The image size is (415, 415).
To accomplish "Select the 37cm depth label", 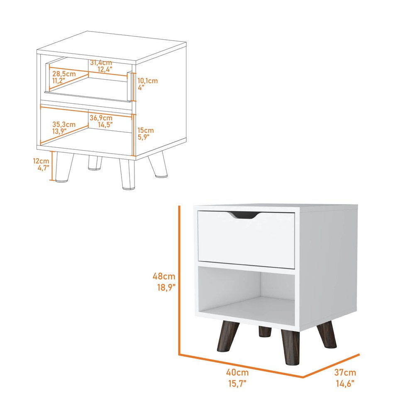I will [x=345, y=373].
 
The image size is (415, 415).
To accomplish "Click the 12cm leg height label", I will [x=41, y=160].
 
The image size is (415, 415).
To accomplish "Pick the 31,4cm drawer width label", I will [x=101, y=63].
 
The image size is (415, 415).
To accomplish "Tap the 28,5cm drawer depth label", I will [x=64, y=73].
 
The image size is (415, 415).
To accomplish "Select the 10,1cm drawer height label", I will [x=148, y=81].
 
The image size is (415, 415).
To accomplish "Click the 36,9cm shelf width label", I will [x=101, y=118].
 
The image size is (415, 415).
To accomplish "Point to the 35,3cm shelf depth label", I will [x=64, y=124].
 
